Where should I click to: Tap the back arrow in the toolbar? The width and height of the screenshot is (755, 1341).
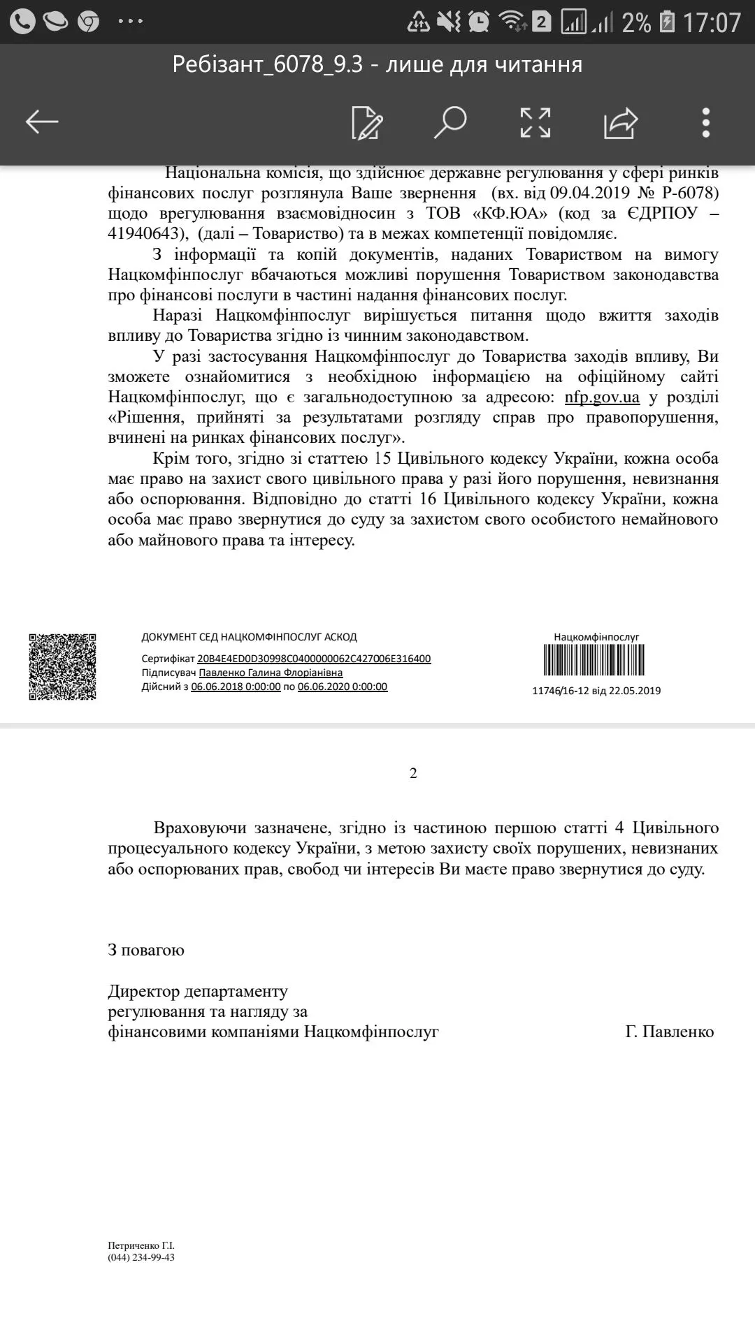(42, 122)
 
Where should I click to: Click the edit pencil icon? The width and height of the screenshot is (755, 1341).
(367, 123)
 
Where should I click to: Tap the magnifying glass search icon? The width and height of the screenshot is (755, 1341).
(450, 122)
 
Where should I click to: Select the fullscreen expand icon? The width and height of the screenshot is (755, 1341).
(535, 123)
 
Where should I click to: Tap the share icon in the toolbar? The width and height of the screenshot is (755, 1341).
(621, 123)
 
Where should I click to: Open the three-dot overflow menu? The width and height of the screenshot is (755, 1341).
(706, 123)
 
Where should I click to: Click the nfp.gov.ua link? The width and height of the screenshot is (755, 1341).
(602, 397)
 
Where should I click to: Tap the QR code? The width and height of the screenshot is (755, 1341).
(62, 666)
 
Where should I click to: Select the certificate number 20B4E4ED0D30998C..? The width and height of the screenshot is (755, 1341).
(314, 659)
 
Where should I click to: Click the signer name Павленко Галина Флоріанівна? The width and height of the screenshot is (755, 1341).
(271, 673)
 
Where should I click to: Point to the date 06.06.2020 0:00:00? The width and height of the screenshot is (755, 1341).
(343, 687)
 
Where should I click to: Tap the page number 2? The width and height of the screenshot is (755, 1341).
(413, 773)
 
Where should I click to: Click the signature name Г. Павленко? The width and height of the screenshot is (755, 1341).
(669, 1032)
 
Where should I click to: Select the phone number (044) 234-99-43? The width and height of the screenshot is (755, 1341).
(141, 1258)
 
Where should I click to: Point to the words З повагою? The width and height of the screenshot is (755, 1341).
(146, 950)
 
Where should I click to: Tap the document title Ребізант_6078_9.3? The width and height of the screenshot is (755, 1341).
(268, 65)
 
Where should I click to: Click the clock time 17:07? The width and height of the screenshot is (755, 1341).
(712, 23)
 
